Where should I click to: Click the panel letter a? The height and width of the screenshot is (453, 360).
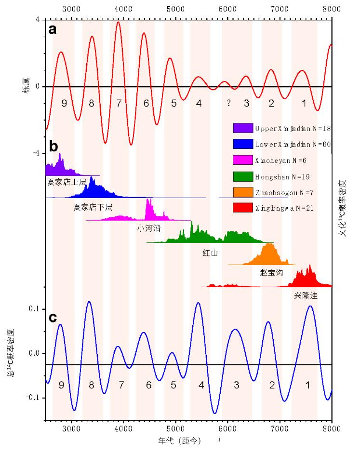(53, 30)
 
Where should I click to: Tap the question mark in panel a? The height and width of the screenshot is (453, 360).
(228, 103)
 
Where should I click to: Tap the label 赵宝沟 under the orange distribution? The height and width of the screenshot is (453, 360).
(272, 273)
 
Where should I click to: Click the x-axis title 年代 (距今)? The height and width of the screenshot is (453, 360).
(180, 440)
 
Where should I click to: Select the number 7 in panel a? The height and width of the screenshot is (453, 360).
(119, 103)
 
